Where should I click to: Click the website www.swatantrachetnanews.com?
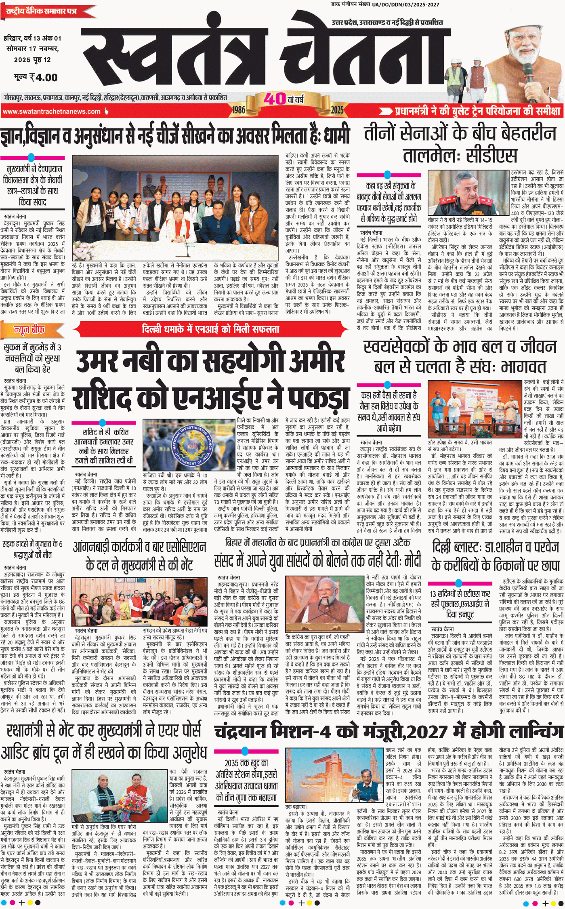51,112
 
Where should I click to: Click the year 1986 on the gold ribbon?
239,109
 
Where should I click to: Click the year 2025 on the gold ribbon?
337,109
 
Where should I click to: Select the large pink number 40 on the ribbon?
275,98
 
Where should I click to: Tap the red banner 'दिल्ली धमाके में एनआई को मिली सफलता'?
210,329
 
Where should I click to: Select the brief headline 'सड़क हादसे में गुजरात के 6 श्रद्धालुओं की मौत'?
32,549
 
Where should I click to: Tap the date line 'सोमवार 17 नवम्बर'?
33,49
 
